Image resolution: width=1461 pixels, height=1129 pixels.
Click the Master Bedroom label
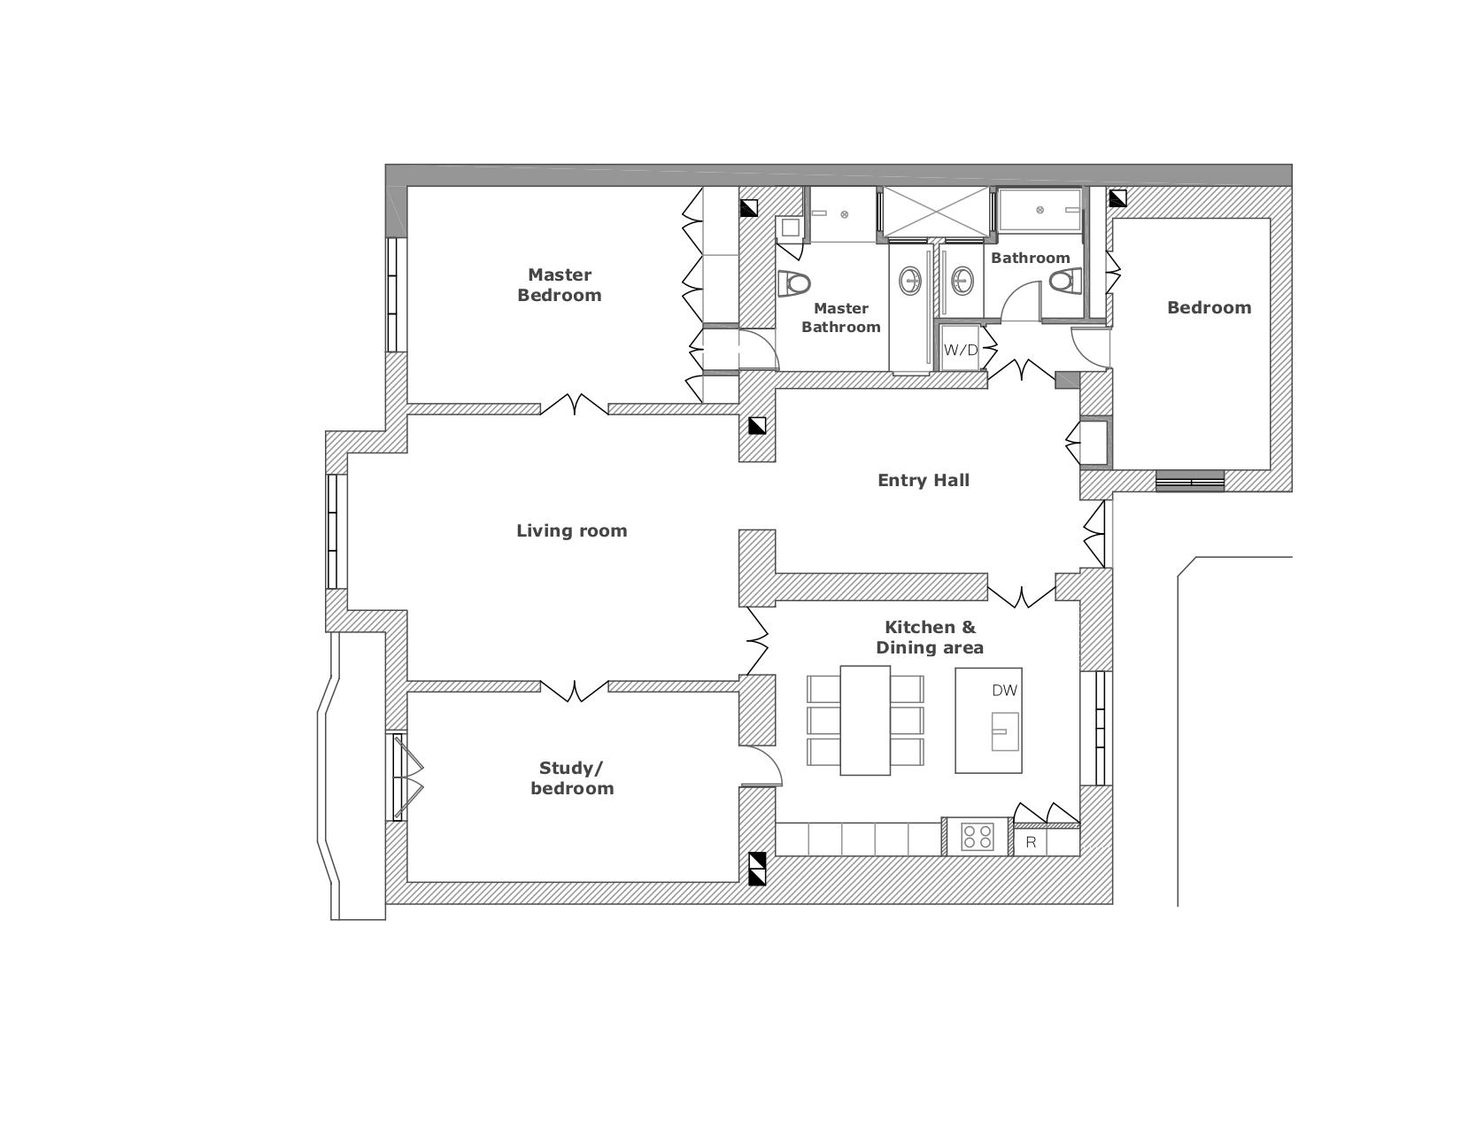click(559, 284)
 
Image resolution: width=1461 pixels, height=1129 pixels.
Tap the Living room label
click(571, 530)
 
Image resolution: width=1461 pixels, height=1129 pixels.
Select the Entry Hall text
click(924, 480)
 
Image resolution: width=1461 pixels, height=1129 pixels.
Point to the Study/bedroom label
click(572, 778)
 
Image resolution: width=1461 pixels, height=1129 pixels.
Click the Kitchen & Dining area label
click(929, 638)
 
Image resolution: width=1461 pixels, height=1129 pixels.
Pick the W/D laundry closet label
click(960, 350)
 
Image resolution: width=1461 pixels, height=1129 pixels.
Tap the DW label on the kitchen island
click(1004, 690)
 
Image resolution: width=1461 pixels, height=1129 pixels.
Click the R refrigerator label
click(1031, 843)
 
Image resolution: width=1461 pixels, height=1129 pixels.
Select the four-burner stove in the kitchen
click(977, 837)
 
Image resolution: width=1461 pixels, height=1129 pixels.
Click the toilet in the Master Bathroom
click(793, 283)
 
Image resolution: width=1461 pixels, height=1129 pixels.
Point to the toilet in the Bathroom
click(1066, 281)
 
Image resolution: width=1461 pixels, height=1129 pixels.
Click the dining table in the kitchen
click(864, 720)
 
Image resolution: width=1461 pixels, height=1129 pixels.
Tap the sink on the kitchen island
click(1005, 731)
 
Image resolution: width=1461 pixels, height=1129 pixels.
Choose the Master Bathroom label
click(840, 317)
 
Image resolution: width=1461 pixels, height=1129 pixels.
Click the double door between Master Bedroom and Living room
click(574, 405)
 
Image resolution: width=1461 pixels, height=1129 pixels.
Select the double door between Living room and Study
click(574, 692)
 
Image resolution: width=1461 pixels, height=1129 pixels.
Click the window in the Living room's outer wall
click(332, 532)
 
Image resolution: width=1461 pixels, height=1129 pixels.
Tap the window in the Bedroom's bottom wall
click(1189, 481)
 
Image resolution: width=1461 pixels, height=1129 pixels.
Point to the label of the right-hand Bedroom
click(1209, 308)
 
